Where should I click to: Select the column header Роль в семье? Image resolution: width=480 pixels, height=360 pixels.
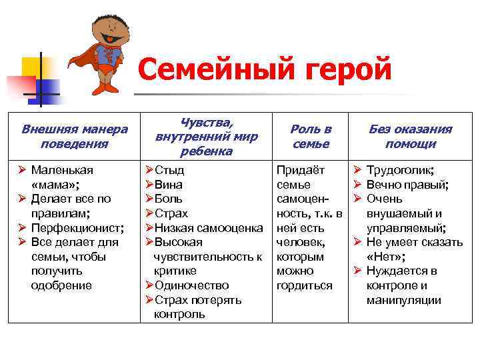pos(311,136)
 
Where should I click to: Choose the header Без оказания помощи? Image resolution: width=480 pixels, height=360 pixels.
pos(410,136)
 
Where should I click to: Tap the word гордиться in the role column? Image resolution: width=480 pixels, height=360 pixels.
pos(304,285)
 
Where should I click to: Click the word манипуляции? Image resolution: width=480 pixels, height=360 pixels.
pos(403,300)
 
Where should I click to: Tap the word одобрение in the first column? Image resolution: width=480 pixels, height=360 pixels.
pos(61,285)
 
